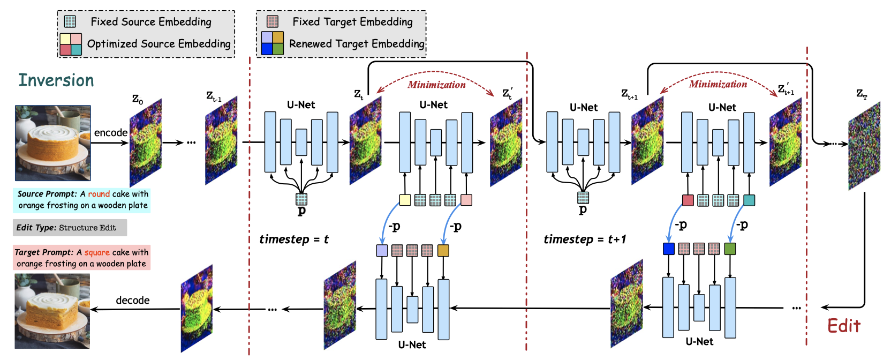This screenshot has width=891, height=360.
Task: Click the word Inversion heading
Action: point(56,80)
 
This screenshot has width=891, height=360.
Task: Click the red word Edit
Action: point(843,326)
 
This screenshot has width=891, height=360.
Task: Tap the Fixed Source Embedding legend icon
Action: point(70,21)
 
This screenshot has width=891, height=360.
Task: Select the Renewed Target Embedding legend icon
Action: point(272,43)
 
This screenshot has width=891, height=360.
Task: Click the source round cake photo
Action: point(52,142)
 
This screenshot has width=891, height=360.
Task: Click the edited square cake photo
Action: point(52,311)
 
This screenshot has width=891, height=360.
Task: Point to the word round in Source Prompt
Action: point(99,194)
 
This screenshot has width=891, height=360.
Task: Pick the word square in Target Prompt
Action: point(97,252)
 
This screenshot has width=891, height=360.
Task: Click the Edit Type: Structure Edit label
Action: point(66,228)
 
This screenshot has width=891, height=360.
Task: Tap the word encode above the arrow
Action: point(111,132)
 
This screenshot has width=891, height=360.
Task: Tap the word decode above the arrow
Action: point(133,300)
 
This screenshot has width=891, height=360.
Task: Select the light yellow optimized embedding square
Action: point(405,200)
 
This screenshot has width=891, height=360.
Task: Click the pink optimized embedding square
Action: point(466,200)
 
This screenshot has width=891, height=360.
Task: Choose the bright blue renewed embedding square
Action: point(668,249)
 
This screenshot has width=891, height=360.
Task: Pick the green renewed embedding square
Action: point(730,249)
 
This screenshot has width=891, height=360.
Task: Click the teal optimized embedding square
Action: point(749,200)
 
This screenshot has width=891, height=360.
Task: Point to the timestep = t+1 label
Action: point(585,239)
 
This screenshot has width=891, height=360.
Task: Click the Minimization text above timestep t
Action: point(436,85)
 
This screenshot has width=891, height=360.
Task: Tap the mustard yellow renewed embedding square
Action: point(443,250)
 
